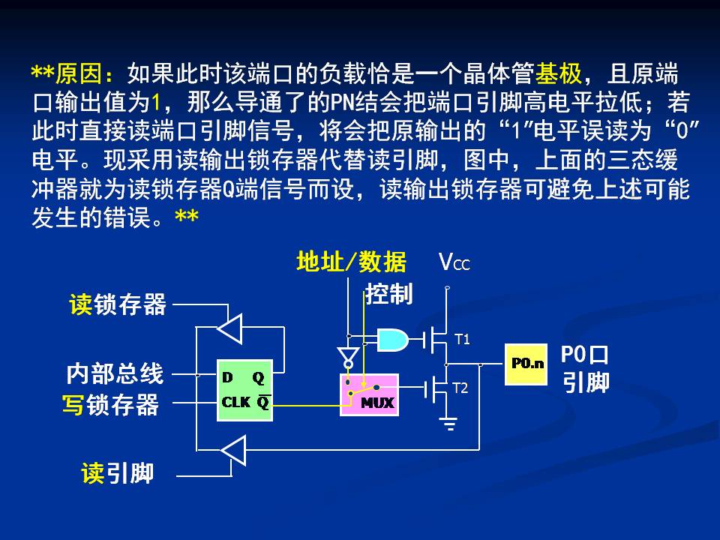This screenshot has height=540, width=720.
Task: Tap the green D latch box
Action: [x=244, y=390]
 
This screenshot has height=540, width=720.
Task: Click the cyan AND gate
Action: [x=393, y=340]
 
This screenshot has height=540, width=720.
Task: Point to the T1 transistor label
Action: [x=462, y=340]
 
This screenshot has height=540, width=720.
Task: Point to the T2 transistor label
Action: [x=460, y=388]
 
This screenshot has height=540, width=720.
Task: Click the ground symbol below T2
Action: [x=449, y=425]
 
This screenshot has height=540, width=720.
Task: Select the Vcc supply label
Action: [x=454, y=262]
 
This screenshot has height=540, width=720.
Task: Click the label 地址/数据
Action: [x=351, y=262]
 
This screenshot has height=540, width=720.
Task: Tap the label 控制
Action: [x=389, y=294]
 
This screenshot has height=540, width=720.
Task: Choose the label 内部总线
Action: [x=114, y=373]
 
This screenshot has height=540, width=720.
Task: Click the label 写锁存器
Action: [x=110, y=405]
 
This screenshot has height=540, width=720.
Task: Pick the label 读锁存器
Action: [x=118, y=304]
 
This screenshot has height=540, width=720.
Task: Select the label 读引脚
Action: [x=118, y=473]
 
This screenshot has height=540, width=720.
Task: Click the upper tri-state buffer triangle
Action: [x=229, y=327]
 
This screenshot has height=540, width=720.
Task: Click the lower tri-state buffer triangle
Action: [x=233, y=451]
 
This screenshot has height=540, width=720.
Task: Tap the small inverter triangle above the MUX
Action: [x=348, y=353]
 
